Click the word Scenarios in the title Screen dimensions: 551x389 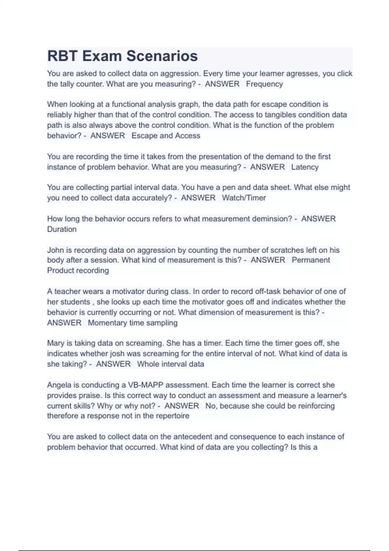(162, 56)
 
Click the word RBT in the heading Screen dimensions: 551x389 (62, 56)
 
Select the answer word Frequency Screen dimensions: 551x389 (264, 84)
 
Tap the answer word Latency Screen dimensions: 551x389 (305, 167)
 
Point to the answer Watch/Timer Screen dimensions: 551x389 (244, 198)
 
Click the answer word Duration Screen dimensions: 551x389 (62, 229)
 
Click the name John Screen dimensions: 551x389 (55, 250)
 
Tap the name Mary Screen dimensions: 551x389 (56, 343)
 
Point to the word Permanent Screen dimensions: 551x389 (311, 260)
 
